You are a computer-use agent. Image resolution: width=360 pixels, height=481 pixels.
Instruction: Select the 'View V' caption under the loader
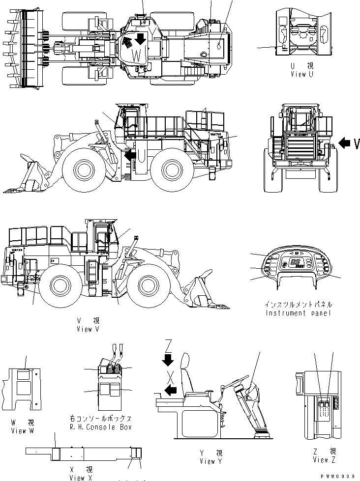[x=88, y=329]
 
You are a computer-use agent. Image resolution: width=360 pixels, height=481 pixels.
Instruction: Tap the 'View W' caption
[x=22, y=430]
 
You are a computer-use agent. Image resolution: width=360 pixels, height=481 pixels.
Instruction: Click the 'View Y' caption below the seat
[x=210, y=461]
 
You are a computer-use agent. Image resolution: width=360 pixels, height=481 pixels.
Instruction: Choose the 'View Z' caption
[x=324, y=459]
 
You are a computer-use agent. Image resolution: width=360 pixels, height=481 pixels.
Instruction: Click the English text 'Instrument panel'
[x=298, y=313]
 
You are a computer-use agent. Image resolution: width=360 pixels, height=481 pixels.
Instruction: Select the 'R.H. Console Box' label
[x=101, y=427]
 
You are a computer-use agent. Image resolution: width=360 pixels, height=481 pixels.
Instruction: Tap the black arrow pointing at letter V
[x=346, y=143]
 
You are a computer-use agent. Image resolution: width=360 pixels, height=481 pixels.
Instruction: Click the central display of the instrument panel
[x=297, y=263]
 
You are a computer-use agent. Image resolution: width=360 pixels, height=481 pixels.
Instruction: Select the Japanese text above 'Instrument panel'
[x=299, y=305]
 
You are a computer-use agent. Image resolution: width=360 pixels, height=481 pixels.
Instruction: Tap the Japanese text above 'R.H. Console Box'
[x=101, y=419]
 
